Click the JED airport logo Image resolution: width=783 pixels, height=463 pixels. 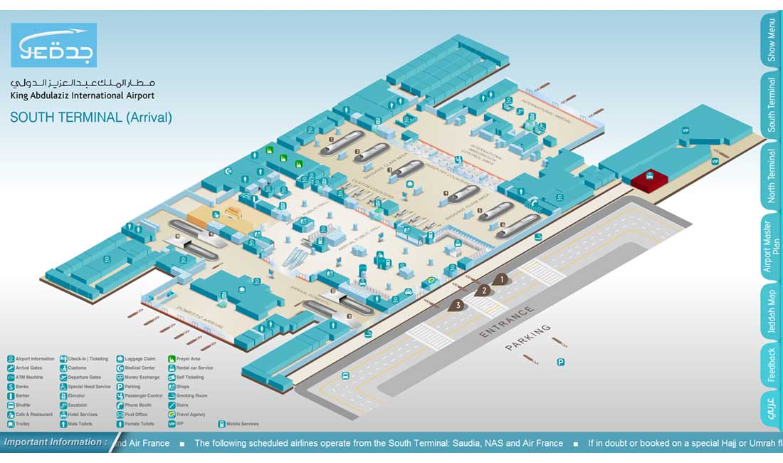click(53, 45)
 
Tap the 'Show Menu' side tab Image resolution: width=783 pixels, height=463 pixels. click(771, 40)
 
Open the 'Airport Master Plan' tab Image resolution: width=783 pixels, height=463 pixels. click(771, 246)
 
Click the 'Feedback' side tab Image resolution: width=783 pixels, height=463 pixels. click(771, 365)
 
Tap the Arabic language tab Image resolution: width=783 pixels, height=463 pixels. click(771, 410)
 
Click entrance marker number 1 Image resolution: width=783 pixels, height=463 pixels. click(502, 279)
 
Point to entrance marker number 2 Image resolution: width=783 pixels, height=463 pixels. click(485, 290)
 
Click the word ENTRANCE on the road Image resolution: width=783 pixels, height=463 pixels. click(506, 322)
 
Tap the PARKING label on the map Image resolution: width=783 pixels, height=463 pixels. click(528, 337)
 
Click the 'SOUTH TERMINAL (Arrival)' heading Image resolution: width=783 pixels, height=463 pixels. click(91, 118)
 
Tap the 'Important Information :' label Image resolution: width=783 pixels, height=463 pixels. click(56, 442)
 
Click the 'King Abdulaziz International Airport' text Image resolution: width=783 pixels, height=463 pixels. click(82, 95)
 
